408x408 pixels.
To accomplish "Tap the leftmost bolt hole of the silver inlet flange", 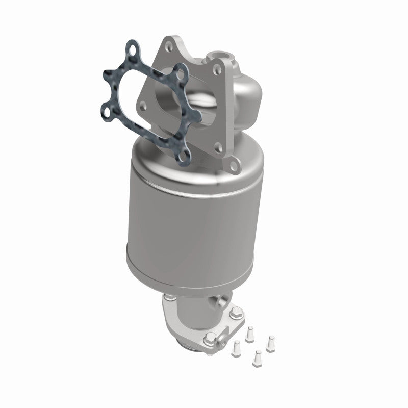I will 143,106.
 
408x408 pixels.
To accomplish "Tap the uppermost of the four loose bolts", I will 250,333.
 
